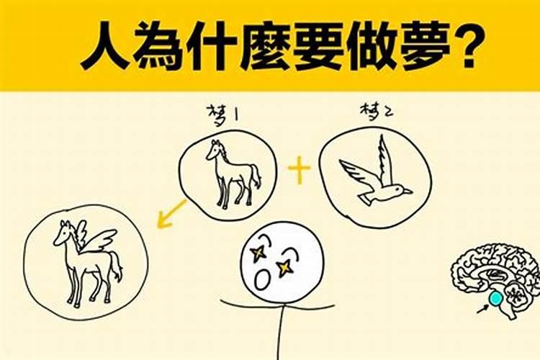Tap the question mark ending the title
coord(464,45)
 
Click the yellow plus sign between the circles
coord(299,171)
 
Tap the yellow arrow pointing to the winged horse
coord(171,213)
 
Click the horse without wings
coord(232,173)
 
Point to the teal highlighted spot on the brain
coord(495,297)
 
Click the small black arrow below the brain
coord(481,310)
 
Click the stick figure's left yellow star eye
coord(258,252)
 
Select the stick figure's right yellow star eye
coord(285,268)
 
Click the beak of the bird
coord(408,192)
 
